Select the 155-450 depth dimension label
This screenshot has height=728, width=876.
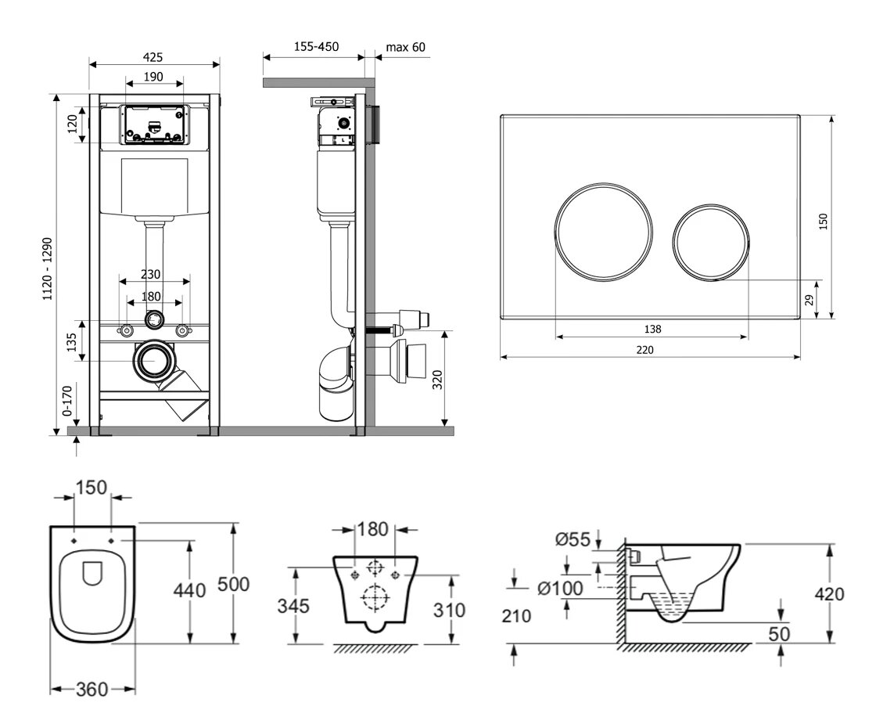click(316, 47)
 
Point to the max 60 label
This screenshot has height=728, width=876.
click(406, 47)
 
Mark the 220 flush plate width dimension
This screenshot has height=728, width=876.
click(644, 349)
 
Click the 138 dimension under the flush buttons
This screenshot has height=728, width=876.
click(652, 329)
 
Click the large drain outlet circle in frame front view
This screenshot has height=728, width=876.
click(155, 361)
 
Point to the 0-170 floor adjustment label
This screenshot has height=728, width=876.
click(67, 399)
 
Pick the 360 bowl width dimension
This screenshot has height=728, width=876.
click(93, 689)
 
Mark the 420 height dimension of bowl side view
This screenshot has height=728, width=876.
click(829, 593)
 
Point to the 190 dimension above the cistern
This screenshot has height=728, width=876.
click(153, 77)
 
